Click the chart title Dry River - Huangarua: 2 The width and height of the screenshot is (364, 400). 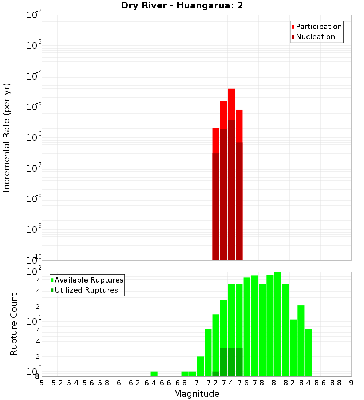pos(182,5)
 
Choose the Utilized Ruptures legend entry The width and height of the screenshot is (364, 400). pos(86,290)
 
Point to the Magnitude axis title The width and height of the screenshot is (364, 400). pos(197,394)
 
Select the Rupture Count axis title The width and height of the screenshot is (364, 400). pos(14,324)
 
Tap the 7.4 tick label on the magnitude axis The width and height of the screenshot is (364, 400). pos(227,383)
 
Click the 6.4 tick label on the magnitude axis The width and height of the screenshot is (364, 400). pos(150,383)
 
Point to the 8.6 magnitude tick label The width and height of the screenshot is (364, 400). pos(320,383)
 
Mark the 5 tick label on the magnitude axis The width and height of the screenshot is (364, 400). pos(42,383)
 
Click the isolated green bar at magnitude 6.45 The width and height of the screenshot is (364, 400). pos(154,374)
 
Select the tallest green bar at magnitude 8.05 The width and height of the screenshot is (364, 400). pos(278,324)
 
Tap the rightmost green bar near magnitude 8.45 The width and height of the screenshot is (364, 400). pos(309,353)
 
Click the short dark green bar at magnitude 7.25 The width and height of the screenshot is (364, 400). pos(216,374)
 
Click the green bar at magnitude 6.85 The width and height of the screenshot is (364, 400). pos(185,374)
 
